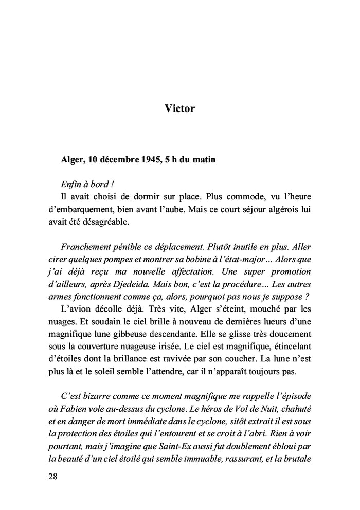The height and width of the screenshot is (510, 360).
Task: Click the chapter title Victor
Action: pos(180,108)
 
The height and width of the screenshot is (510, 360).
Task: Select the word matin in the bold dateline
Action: pos(204,159)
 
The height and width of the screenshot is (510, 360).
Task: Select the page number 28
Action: pos(52,477)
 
